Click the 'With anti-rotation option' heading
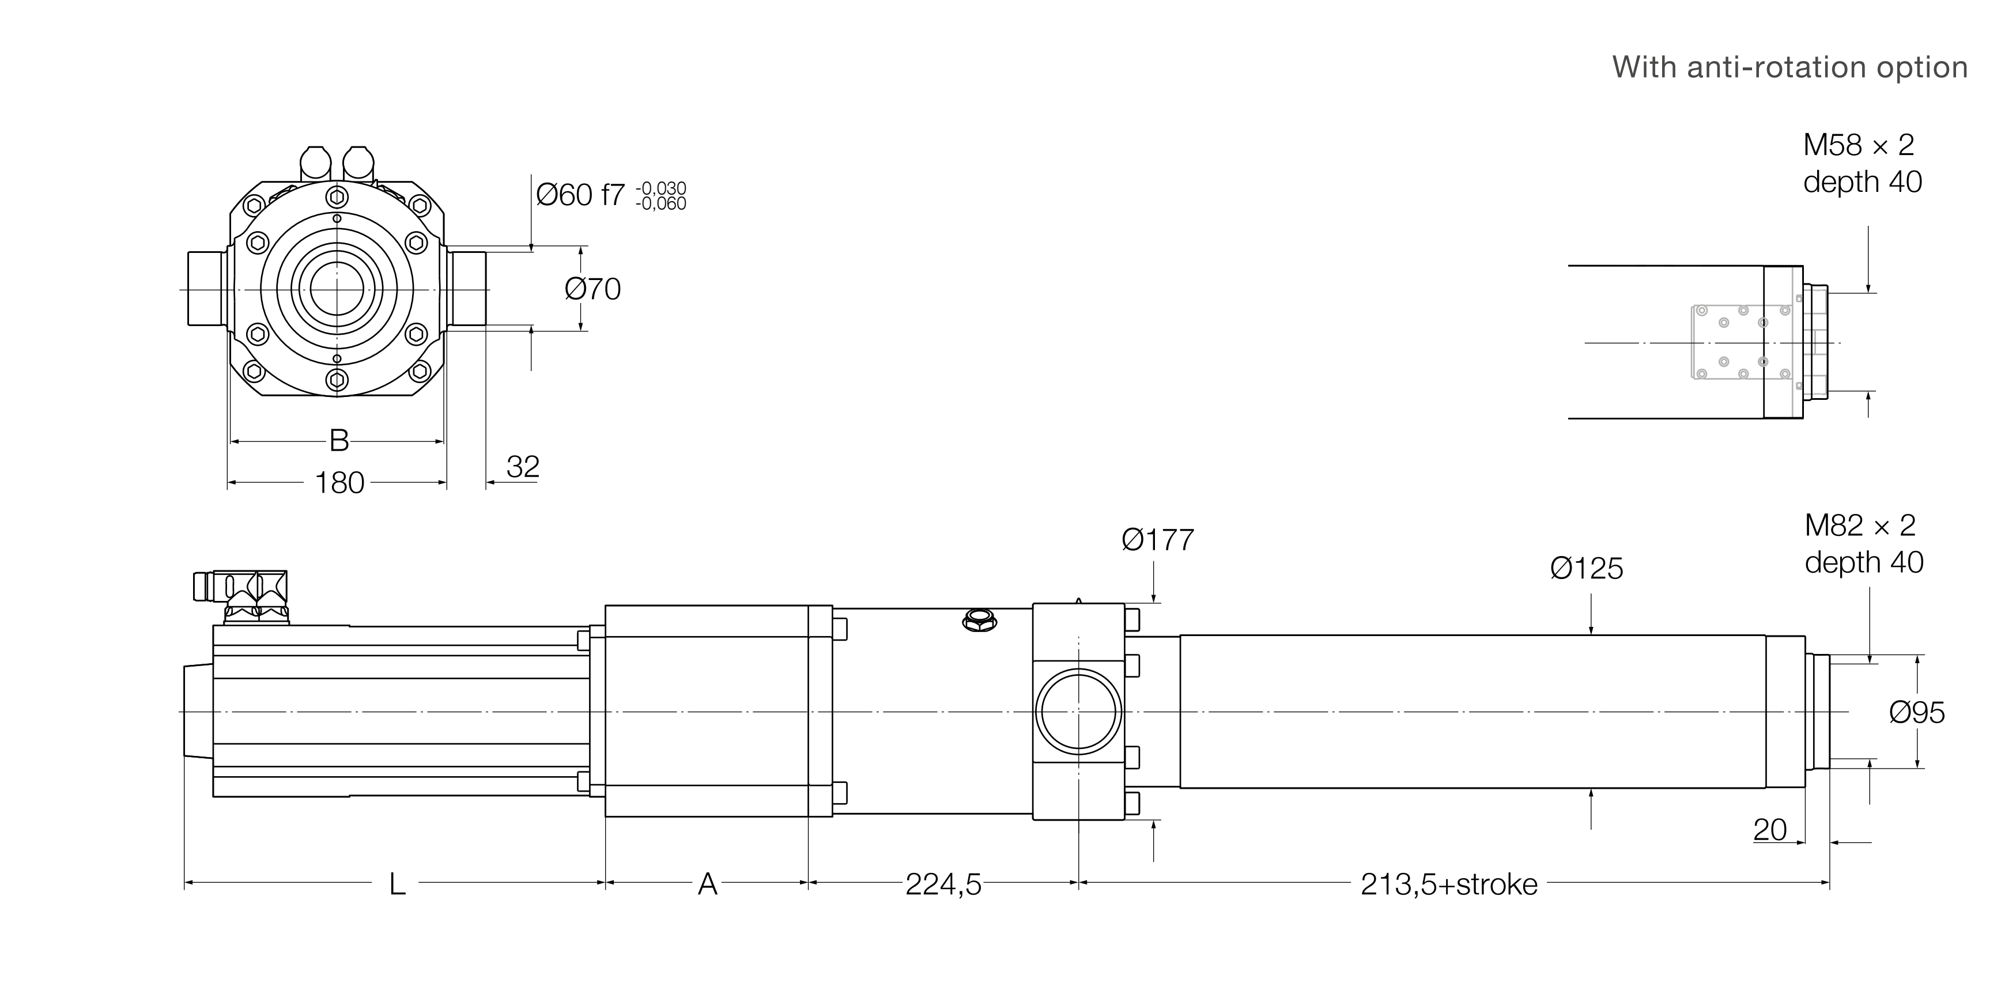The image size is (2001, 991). (1789, 67)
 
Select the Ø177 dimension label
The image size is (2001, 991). (1157, 540)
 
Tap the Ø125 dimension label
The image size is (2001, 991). (1586, 569)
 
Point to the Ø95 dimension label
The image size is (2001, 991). (1916, 712)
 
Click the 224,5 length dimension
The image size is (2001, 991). (943, 884)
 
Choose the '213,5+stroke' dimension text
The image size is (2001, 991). (1449, 884)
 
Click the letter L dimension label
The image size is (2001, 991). (397, 884)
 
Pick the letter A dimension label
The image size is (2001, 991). (707, 884)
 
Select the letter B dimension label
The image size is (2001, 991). (339, 440)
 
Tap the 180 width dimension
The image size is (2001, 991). (339, 483)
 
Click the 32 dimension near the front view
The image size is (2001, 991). (522, 467)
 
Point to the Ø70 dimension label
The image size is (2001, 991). (592, 289)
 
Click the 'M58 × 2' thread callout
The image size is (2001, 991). (1858, 145)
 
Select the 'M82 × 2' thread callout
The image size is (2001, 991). (1860, 526)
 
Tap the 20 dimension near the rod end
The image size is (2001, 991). (1769, 830)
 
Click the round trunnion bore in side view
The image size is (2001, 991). (1078, 712)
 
